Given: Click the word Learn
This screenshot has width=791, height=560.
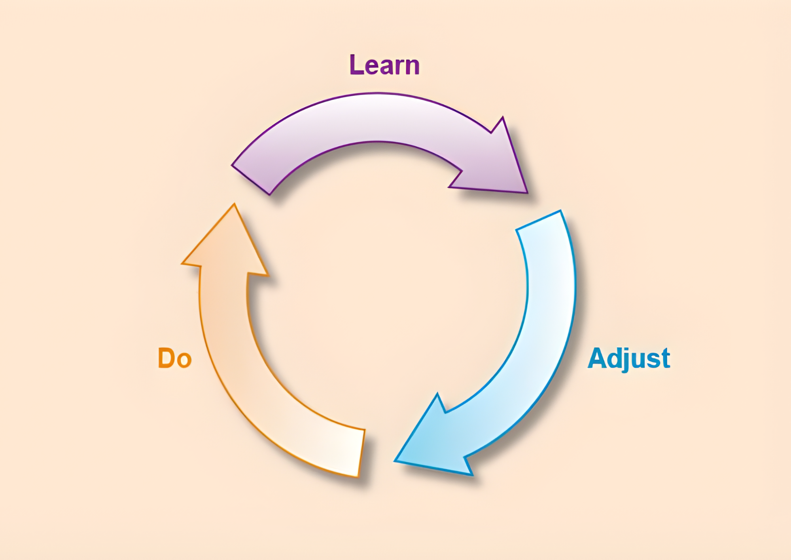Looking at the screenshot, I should [384, 65].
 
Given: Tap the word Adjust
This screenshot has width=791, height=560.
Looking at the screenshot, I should [629, 358].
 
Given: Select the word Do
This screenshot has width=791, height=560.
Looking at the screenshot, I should [175, 358].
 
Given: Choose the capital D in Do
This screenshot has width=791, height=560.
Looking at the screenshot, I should [167, 358].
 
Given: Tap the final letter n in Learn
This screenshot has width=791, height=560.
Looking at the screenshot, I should [412, 67].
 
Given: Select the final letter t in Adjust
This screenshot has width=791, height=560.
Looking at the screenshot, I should [665, 358].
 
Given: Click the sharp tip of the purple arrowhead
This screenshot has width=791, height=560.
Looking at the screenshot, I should [527, 192].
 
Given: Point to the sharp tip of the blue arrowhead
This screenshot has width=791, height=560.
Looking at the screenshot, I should [395, 461].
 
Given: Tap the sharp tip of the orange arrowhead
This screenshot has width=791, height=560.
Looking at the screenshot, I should [234, 204].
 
